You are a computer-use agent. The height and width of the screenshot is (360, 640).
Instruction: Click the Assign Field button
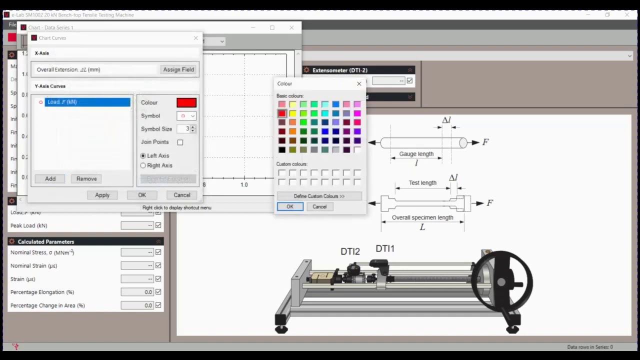coord(178,69)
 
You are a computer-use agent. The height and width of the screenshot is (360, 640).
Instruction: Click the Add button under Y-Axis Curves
coord(50,178)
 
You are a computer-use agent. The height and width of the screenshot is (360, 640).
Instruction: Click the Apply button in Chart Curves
coord(102,195)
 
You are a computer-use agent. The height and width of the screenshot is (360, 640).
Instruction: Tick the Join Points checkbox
coord(180,142)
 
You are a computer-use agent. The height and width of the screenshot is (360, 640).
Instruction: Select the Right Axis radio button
coord(143,165)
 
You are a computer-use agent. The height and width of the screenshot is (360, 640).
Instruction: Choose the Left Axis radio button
coord(143,155)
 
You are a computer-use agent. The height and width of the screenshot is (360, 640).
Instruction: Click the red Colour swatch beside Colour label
coord(186,102)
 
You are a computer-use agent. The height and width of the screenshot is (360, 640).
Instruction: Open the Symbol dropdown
coord(186,116)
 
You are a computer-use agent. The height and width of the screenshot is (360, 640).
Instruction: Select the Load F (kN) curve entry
coord(87,102)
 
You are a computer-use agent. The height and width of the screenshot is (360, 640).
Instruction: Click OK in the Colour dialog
coord(290,206)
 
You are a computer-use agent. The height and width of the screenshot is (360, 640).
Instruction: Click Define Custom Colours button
coord(319,196)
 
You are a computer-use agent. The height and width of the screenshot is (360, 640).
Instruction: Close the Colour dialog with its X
coord(359,83)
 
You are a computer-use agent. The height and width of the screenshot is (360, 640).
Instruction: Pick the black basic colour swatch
coord(282,149)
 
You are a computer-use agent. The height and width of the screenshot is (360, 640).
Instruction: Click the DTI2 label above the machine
coord(350,251)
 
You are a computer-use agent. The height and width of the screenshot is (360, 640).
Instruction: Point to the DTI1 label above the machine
coord(385,248)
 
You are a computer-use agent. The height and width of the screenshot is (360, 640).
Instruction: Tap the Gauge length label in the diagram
coord(416,154)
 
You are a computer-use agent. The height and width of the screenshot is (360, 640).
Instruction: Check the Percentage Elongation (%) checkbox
coord(158,292)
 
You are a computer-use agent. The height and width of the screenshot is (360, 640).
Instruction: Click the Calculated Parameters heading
coord(46,241)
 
